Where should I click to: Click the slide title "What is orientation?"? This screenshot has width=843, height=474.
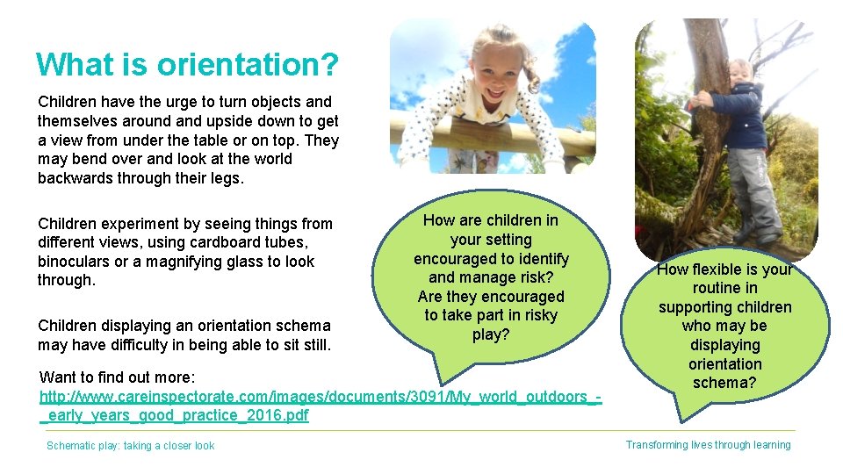[x=187, y=65]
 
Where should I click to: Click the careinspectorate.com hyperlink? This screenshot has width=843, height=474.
[x=321, y=406]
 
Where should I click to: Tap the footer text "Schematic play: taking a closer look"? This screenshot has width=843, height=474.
[x=130, y=446]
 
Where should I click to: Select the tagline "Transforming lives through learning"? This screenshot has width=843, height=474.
[x=708, y=445]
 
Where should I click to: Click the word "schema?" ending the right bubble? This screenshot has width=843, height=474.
[x=724, y=383]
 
